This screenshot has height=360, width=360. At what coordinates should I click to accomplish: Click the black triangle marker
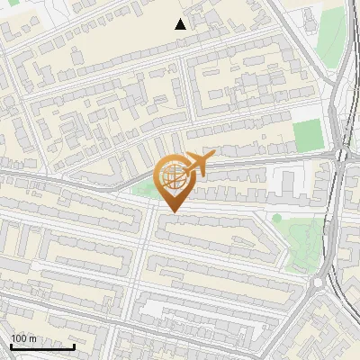[181, 24]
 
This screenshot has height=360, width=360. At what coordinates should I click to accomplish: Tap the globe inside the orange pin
[171, 177]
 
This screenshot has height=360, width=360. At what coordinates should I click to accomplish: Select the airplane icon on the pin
[197, 165]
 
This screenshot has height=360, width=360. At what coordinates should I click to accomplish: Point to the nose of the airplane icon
[211, 157]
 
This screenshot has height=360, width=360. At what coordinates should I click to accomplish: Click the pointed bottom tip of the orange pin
[172, 211]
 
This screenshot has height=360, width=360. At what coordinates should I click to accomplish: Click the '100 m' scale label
[23, 338]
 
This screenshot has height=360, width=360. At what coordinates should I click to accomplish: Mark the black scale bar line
[42, 347]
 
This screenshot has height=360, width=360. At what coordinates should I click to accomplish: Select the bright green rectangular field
[308, 135]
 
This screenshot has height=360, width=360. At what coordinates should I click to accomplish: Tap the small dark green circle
[277, 217]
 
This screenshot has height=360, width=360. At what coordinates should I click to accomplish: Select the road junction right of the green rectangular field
[341, 156]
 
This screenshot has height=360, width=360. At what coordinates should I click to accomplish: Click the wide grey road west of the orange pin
[72, 179]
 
